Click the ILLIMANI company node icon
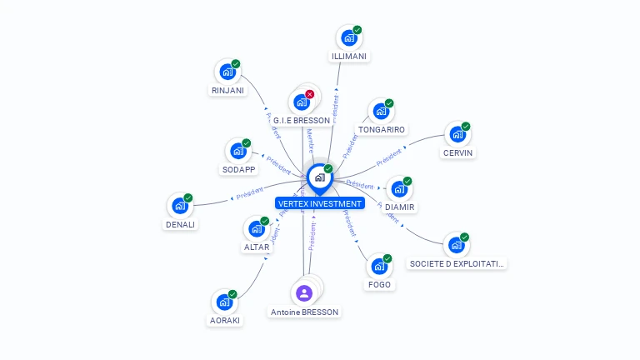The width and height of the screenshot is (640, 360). point(348,38)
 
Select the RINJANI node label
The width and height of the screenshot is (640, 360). point(228,90)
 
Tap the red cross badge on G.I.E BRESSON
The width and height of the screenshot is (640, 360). point(310,94)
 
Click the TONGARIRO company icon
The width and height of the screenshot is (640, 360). point(381,112)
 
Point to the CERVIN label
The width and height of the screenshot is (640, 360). point(458,152)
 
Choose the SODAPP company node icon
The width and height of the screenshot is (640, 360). point(237,152)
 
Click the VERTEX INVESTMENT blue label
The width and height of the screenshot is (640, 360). point(320,203)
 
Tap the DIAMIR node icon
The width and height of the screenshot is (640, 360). point(399,188)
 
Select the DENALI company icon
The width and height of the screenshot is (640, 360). point(180,206)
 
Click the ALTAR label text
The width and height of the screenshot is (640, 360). point(256,247)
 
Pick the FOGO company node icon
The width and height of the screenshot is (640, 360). point(379,267)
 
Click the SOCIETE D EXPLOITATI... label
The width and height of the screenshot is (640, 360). point(457,263)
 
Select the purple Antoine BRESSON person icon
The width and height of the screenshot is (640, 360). point(304,292)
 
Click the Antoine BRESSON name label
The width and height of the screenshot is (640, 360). point(305,312)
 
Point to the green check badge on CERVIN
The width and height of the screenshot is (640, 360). point(466,127)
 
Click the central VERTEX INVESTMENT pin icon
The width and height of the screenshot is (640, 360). point(319,177)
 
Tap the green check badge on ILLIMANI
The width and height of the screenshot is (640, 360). point(357,30)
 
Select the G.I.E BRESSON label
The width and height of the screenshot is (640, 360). point(302,121)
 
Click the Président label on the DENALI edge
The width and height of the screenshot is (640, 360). point(249,194)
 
